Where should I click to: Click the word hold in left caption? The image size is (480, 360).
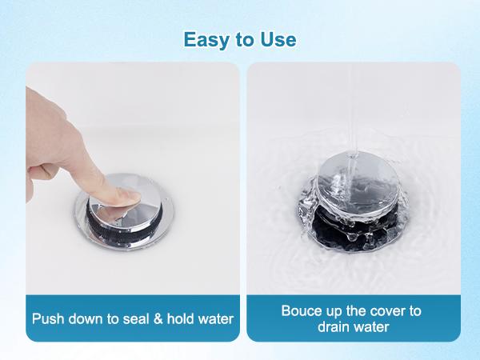pyautogui.click(x=179, y=319)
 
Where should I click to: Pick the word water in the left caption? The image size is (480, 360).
pyautogui.click(x=216, y=319)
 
